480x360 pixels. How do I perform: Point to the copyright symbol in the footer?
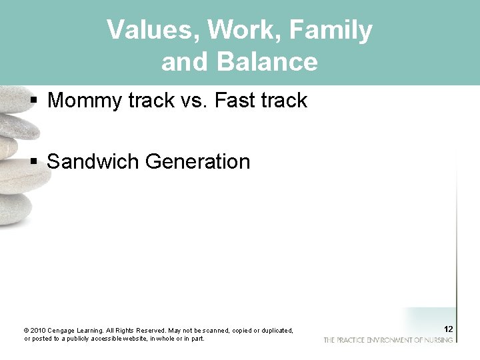coord(26,331)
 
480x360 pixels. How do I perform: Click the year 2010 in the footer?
coord(37,331)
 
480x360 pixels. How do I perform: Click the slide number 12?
coord(448,329)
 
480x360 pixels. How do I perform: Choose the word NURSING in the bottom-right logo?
coord(438,340)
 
